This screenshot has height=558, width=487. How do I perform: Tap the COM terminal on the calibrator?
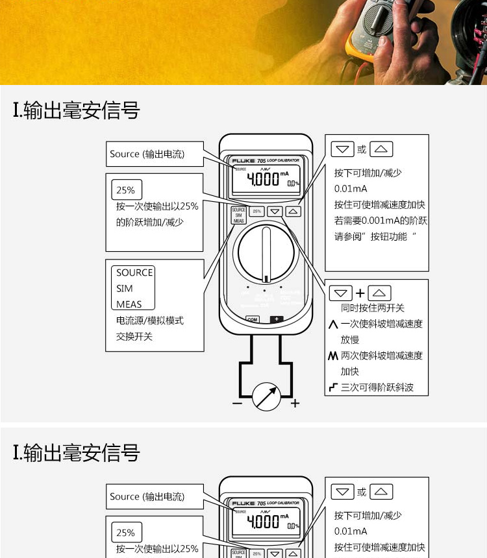(253, 319)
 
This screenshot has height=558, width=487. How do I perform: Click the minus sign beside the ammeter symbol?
(237, 403)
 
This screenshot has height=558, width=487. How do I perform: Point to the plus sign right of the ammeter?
(295, 403)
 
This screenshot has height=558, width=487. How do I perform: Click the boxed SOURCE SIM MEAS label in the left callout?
(134, 288)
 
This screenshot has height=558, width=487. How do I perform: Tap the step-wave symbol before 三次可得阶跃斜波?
(333, 388)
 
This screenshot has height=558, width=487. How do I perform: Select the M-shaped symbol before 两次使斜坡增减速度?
(333, 356)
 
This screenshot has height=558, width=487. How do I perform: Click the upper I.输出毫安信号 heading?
(77, 110)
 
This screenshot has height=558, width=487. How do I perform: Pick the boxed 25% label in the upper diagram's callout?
(126, 190)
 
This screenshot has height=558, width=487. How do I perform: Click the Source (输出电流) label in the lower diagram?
(147, 496)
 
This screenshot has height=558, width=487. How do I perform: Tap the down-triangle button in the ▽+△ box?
(342, 293)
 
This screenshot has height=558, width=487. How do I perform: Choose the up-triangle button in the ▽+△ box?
(380, 293)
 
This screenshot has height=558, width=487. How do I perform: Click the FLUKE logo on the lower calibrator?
(243, 503)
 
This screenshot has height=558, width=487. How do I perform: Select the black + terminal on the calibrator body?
(277, 319)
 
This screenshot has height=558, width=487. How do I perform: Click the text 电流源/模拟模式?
(150, 321)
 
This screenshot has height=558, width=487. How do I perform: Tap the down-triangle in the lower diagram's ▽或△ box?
(342, 492)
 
